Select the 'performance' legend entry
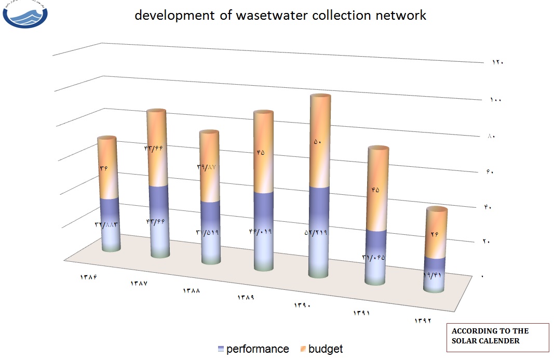253,349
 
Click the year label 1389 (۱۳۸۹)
246,298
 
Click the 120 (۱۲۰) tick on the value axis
497,62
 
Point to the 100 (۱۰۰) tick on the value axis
495,100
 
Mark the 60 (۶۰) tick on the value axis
490,172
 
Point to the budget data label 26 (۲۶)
435,234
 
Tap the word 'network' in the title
400,16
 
